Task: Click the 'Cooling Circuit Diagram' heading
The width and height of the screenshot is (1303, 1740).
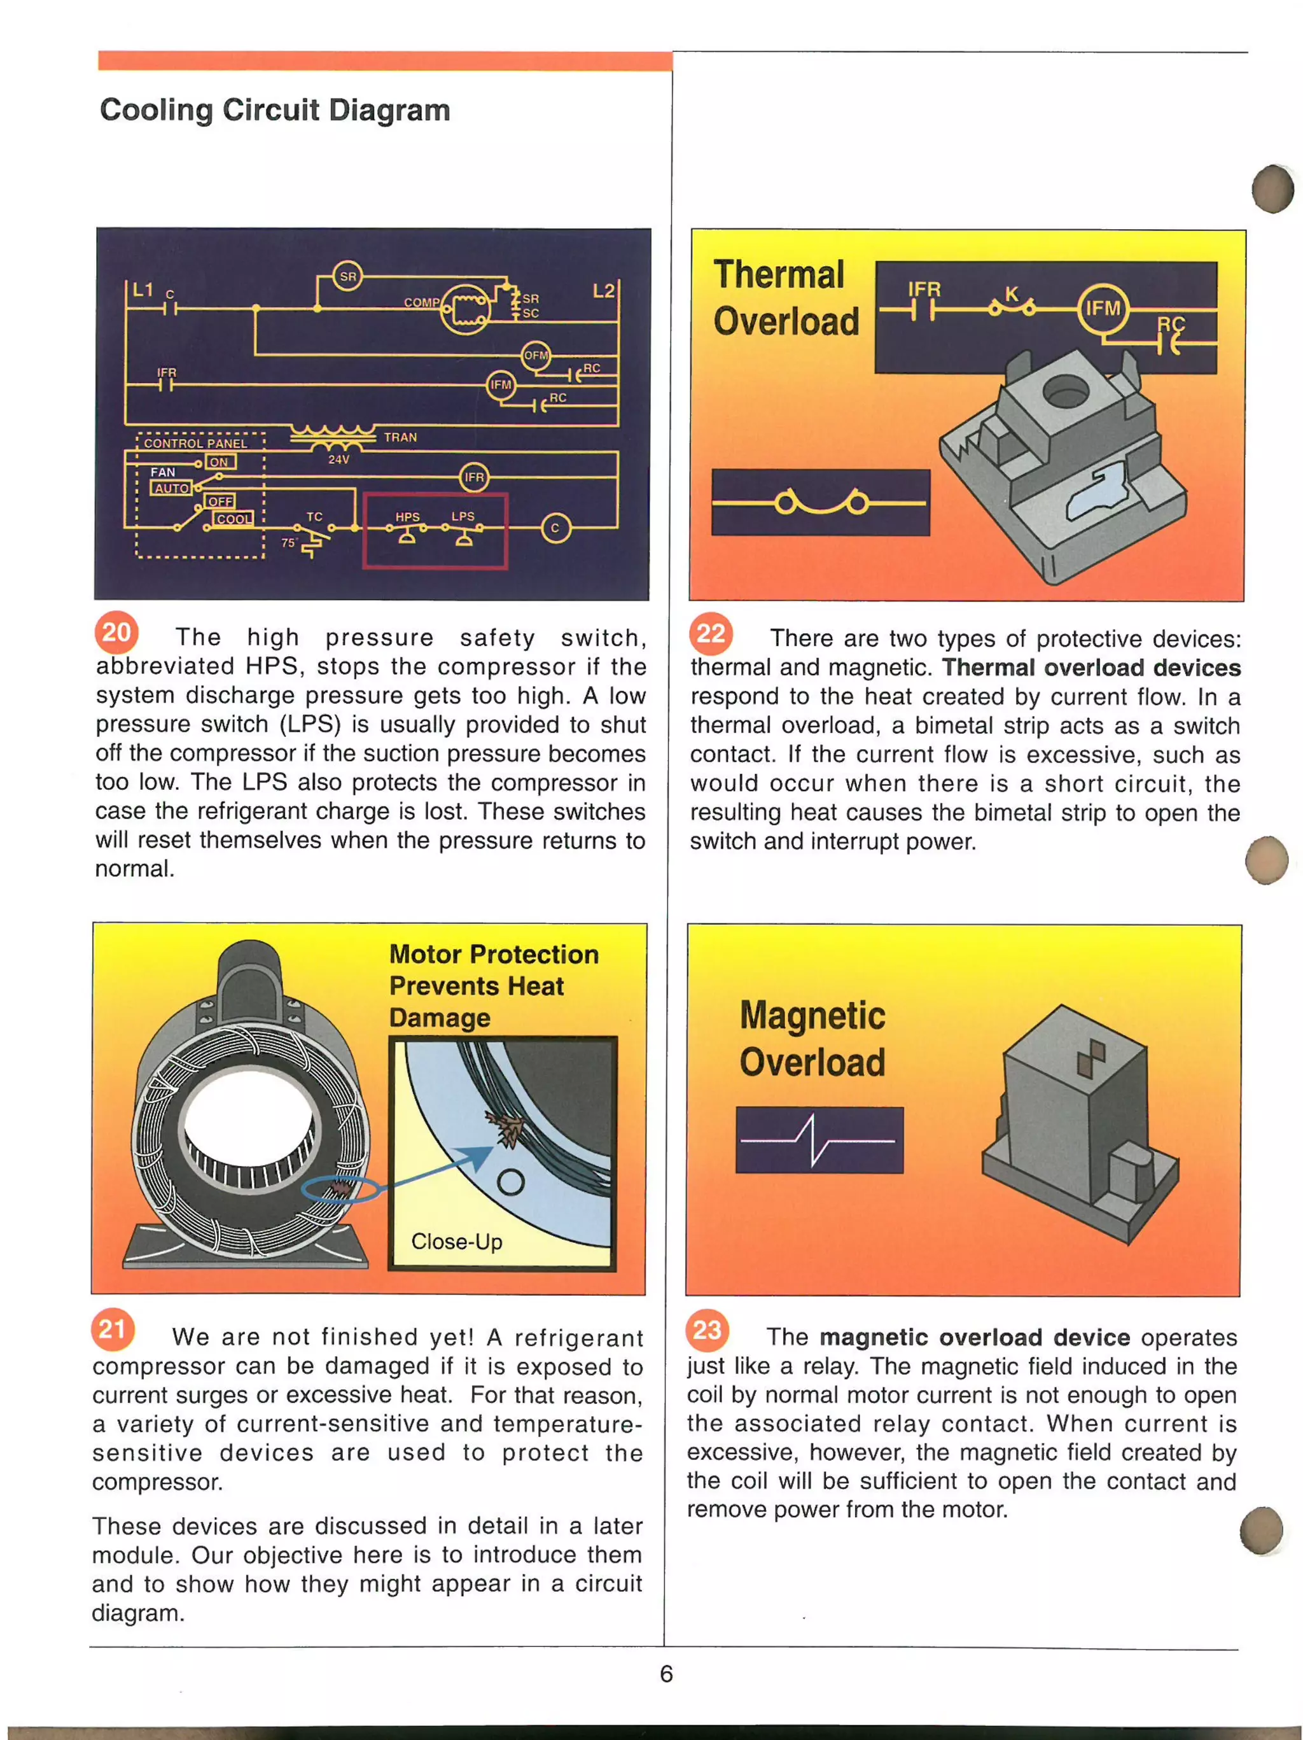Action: point(274,110)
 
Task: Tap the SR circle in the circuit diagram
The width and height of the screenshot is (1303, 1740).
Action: point(347,276)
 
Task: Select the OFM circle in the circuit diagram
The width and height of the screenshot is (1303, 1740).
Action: point(536,354)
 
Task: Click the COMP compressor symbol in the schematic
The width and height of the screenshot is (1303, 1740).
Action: point(466,309)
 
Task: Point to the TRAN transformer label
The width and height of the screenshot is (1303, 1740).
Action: point(400,437)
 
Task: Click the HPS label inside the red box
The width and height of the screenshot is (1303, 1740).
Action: point(407,517)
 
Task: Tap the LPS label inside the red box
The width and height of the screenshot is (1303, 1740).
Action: point(463,516)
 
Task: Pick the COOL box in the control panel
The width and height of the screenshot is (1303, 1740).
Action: point(233,519)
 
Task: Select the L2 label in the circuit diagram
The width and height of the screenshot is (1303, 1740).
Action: point(603,291)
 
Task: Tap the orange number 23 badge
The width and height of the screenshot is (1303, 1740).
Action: point(707,1330)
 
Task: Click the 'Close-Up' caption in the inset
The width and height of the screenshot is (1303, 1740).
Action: point(456,1241)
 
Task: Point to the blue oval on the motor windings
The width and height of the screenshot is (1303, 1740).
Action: point(340,1189)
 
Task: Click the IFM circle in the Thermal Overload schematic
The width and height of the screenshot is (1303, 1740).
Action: point(1103,309)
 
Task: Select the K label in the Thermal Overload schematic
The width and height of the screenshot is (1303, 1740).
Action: point(1011,294)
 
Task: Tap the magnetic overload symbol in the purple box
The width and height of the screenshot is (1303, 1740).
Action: point(819,1140)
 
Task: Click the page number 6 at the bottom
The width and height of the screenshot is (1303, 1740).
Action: point(666,1673)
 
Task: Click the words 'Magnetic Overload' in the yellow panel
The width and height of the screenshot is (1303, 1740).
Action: point(812,1039)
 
